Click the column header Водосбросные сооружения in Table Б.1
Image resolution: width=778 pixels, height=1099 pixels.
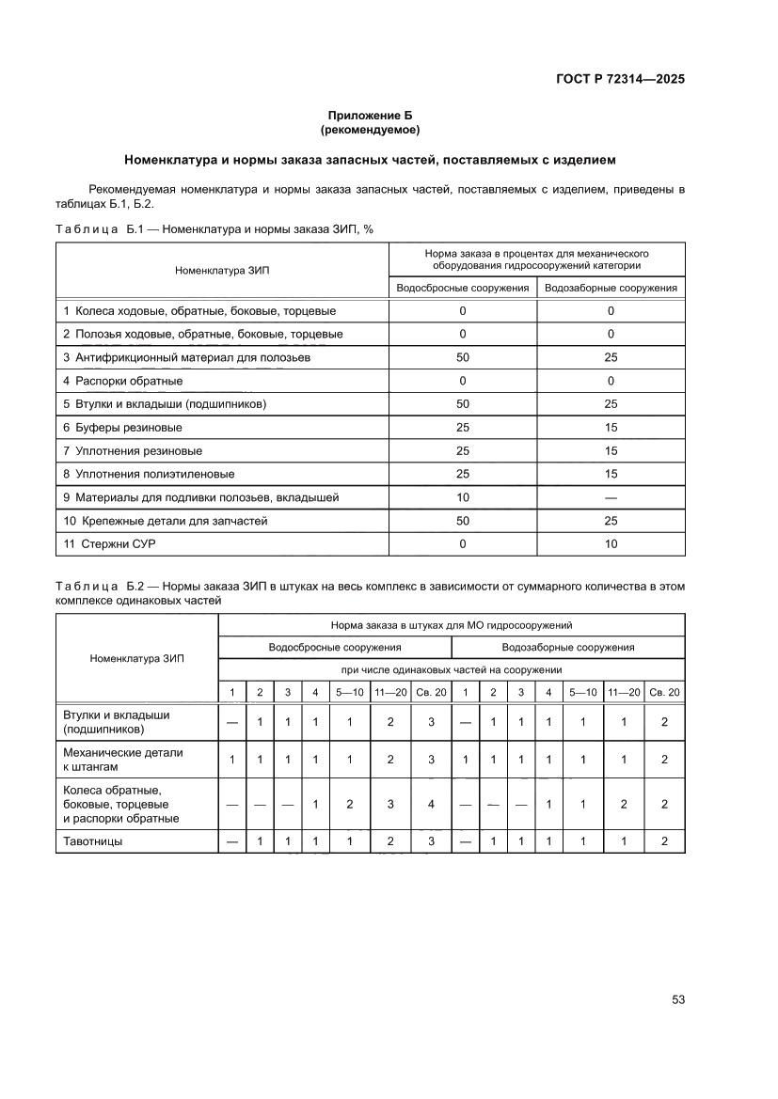click(x=463, y=289)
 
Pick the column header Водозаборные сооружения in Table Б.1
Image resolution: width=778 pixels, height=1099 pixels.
click(x=611, y=289)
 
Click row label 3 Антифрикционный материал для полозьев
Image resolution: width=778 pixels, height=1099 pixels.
click(x=186, y=358)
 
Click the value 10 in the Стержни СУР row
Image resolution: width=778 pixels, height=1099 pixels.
click(x=611, y=544)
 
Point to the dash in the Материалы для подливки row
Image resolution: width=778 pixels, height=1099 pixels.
click(x=611, y=497)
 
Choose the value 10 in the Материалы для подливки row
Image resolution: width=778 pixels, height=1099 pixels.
click(x=463, y=497)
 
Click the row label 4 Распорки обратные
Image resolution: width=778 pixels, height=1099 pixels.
click(x=123, y=381)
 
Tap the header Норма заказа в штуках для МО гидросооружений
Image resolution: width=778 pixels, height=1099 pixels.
click(x=452, y=624)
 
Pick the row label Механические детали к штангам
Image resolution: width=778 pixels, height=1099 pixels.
click(x=122, y=760)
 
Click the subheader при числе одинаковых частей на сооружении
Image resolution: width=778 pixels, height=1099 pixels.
click(x=452, y=669)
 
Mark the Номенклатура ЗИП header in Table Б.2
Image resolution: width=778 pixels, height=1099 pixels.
click(x=137, y=658)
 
